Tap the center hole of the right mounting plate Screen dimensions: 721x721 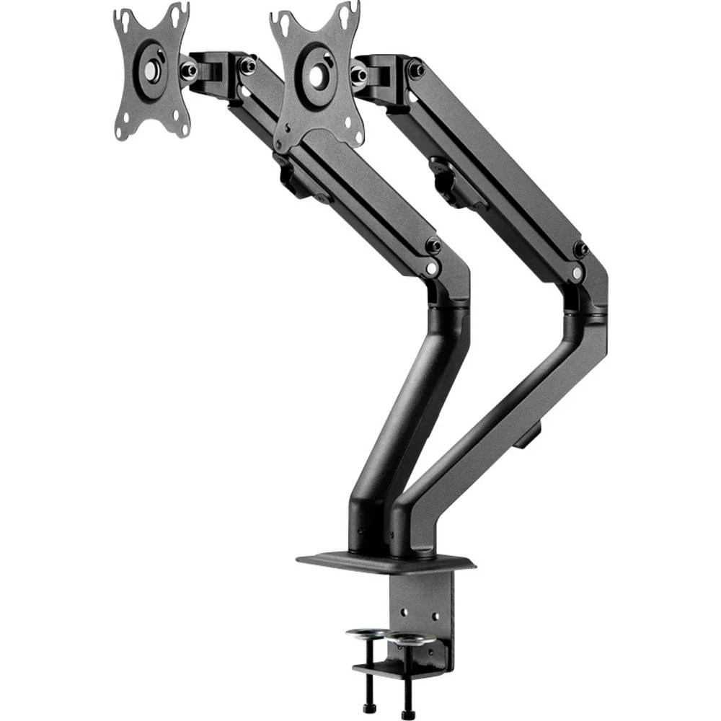[x=317, y=75]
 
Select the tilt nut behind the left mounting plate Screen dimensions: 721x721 [x=189, y=70]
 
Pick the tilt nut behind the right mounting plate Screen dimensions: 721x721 [x=358, y=74]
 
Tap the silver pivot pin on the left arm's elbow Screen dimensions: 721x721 [x=431, y=267]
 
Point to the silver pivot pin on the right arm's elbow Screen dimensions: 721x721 [x=576, y=274]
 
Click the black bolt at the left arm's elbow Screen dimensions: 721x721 [x=433, y=245]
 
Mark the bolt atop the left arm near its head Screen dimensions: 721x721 [x=248, y=66]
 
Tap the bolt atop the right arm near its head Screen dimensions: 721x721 [x=416, y=71]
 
